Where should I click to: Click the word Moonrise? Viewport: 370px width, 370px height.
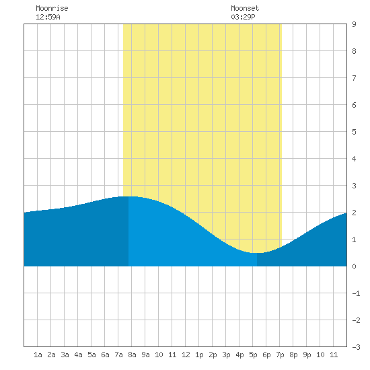52,8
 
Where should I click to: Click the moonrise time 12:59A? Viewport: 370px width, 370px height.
48,17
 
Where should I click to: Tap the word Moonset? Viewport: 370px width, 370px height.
245,8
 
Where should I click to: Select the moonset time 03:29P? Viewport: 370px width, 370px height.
243,17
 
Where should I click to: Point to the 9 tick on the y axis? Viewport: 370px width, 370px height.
354,24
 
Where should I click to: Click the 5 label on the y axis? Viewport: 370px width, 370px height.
354,132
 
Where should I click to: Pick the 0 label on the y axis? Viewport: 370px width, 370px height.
354,266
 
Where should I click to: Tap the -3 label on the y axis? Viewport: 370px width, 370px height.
356,347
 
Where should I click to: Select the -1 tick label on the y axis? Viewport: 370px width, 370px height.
356,293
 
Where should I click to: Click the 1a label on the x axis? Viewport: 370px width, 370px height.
38,355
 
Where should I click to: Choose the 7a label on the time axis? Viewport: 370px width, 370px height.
118,355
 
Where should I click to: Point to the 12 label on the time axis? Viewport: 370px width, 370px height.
186,355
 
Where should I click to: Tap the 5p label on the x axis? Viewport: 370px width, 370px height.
253,355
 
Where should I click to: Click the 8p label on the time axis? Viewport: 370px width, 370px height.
293,355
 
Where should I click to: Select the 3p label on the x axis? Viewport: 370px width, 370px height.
226,355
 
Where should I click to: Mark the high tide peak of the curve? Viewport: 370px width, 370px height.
129,196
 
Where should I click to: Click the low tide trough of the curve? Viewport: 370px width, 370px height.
257,253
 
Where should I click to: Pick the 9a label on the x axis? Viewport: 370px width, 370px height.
145,355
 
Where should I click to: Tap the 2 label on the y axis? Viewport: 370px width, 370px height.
354,213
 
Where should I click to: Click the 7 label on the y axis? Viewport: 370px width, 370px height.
354,78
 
